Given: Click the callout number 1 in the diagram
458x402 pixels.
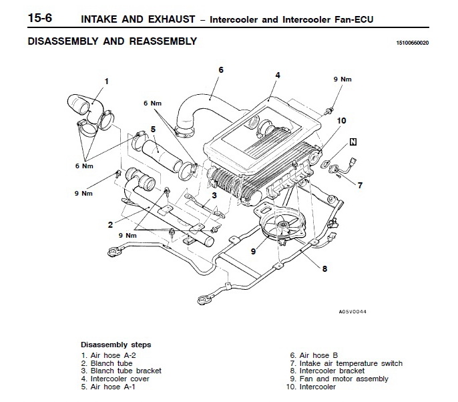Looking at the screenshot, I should [105, 81].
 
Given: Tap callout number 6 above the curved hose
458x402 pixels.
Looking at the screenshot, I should [220, 70].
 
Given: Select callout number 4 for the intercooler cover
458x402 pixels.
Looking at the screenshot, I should [277, 75].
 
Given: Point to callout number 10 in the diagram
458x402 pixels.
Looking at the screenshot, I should [341, 121].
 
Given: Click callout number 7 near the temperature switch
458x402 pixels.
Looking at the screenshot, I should [360, 185].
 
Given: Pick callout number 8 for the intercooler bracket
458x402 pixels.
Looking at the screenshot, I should [324, 270].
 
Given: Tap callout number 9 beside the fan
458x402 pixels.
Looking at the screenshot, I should [254, 251].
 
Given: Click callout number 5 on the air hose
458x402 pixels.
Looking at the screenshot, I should [153, 129].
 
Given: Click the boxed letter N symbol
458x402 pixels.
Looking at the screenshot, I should [353, 142].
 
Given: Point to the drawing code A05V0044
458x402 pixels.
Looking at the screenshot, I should [352, 313].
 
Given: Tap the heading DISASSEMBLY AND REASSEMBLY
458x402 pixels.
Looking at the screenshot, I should [113, 41].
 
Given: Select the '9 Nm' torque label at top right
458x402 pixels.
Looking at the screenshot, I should [342, 79].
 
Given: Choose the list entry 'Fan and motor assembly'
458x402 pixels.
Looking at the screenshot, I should [339, 379].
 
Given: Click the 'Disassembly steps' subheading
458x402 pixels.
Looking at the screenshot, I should [116, 345].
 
